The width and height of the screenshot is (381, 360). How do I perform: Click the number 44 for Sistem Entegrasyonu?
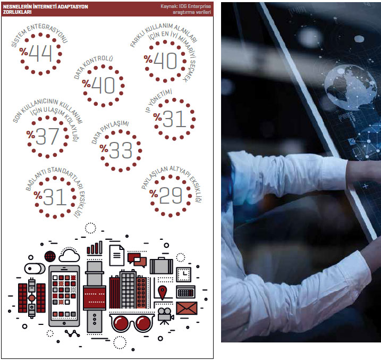tap(40, 54)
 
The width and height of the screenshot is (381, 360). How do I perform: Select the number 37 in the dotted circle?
tap(47, 136)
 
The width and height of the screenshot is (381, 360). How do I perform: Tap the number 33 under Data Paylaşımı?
tap(121, 150)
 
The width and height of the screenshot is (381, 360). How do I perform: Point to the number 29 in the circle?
tap(171, 196)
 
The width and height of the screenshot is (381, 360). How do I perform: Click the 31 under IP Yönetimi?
tap(174, 119)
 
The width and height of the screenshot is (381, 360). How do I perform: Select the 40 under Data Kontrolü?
tap(103, 85)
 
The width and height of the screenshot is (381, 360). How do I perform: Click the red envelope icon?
tap(187, 308)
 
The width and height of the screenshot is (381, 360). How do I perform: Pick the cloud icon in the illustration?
tap(69, 255)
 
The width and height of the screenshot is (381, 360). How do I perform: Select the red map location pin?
tap(162, 292)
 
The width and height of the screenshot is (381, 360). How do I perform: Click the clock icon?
tap(184, 274)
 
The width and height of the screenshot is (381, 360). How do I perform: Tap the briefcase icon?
tap(162, 266)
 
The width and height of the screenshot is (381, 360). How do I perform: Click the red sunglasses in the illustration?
tap(132, 323)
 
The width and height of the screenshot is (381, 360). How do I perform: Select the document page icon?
tap(117, 255)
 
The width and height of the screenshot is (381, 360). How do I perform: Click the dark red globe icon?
tap(50, 256)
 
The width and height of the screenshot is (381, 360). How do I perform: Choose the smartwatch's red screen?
tap(95, 298)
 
